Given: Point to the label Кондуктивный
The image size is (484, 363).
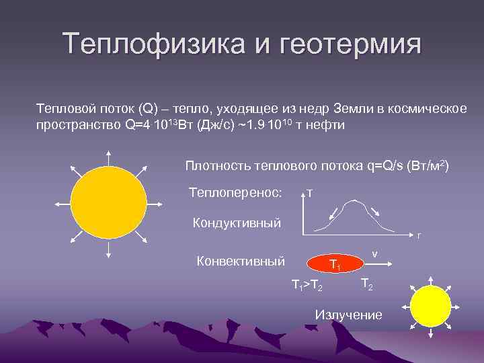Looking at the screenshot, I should pyautogui.click(x=237, y=223).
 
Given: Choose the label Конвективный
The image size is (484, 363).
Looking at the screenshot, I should pyautogui.click(x=240, y=261).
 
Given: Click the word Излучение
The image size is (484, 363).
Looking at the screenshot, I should pyautogui.click(x=348, y=315).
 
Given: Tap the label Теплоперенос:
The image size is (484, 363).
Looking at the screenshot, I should pyautogui.click(x=235, y=193).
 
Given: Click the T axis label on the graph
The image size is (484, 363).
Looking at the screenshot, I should pyautogui.click(x=309, y=194).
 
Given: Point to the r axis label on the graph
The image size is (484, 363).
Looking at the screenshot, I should pyautogui.click(x=418, y=235).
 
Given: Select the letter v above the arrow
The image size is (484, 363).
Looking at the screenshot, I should pyautogui.click(x=374, y=254).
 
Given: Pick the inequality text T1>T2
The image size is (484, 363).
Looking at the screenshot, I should pyautogui.click(x=307, y=287).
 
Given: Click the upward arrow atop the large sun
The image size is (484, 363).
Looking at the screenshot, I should pyautogui.click(x=108, y=156).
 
